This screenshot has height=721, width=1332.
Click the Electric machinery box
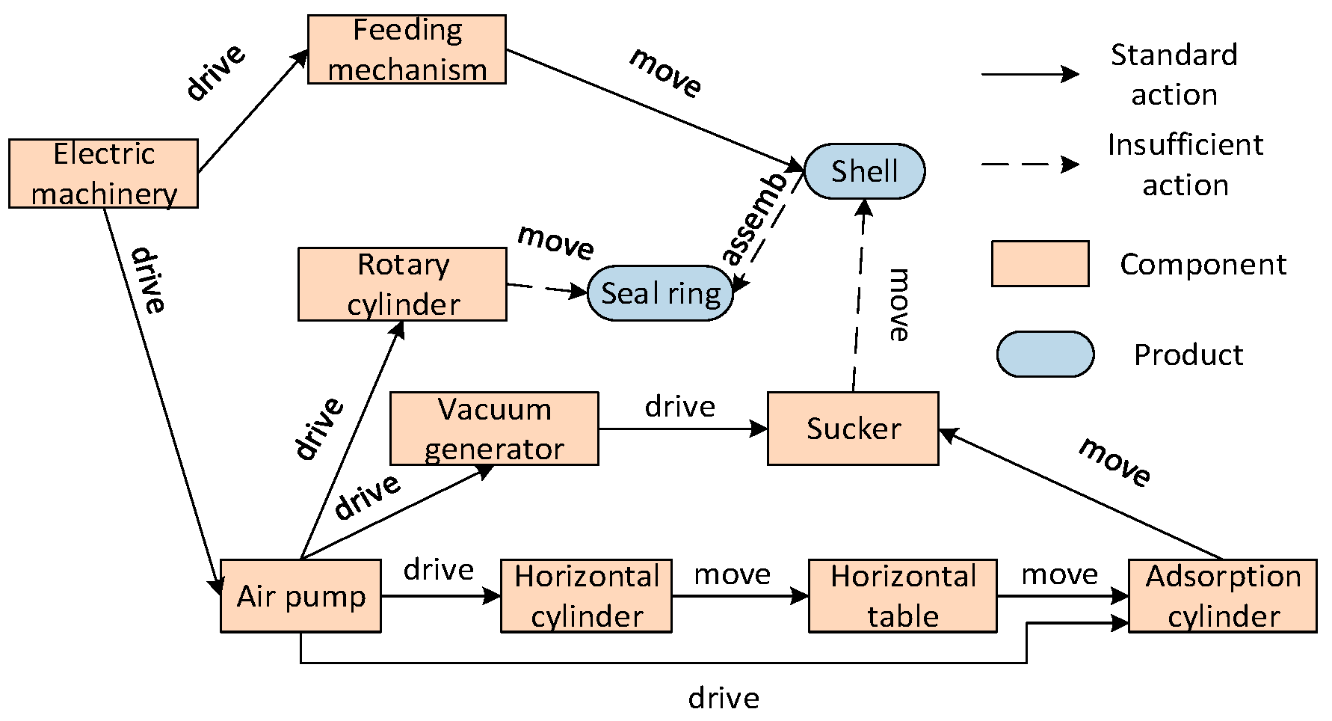[103, 174]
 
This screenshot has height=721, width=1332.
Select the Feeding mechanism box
[407, 49]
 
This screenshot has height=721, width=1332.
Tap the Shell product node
[864, 171]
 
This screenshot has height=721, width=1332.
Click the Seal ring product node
[660, 293]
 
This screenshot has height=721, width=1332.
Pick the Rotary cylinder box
[402, 284]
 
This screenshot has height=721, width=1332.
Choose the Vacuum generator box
[494, 429]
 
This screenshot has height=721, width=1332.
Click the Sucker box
[853, 429]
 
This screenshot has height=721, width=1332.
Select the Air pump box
[300, 596]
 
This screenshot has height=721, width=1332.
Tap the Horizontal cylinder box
[586, 596]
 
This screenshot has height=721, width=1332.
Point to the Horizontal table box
[902, 596]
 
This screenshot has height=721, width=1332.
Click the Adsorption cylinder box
[1222, 596]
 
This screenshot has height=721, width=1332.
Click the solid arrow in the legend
[1029, 74]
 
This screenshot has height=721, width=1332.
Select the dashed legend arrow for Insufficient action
[1029, 165]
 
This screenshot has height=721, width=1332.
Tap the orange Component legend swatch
[1040, 263]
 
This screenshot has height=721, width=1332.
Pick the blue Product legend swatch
[1045, 354]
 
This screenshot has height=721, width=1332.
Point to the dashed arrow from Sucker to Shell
[859, 299]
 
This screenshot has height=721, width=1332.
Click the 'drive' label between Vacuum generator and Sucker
[679, 407]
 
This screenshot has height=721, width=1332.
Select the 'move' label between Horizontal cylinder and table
[732, 574]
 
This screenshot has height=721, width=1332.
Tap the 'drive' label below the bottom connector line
[724, 699]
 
